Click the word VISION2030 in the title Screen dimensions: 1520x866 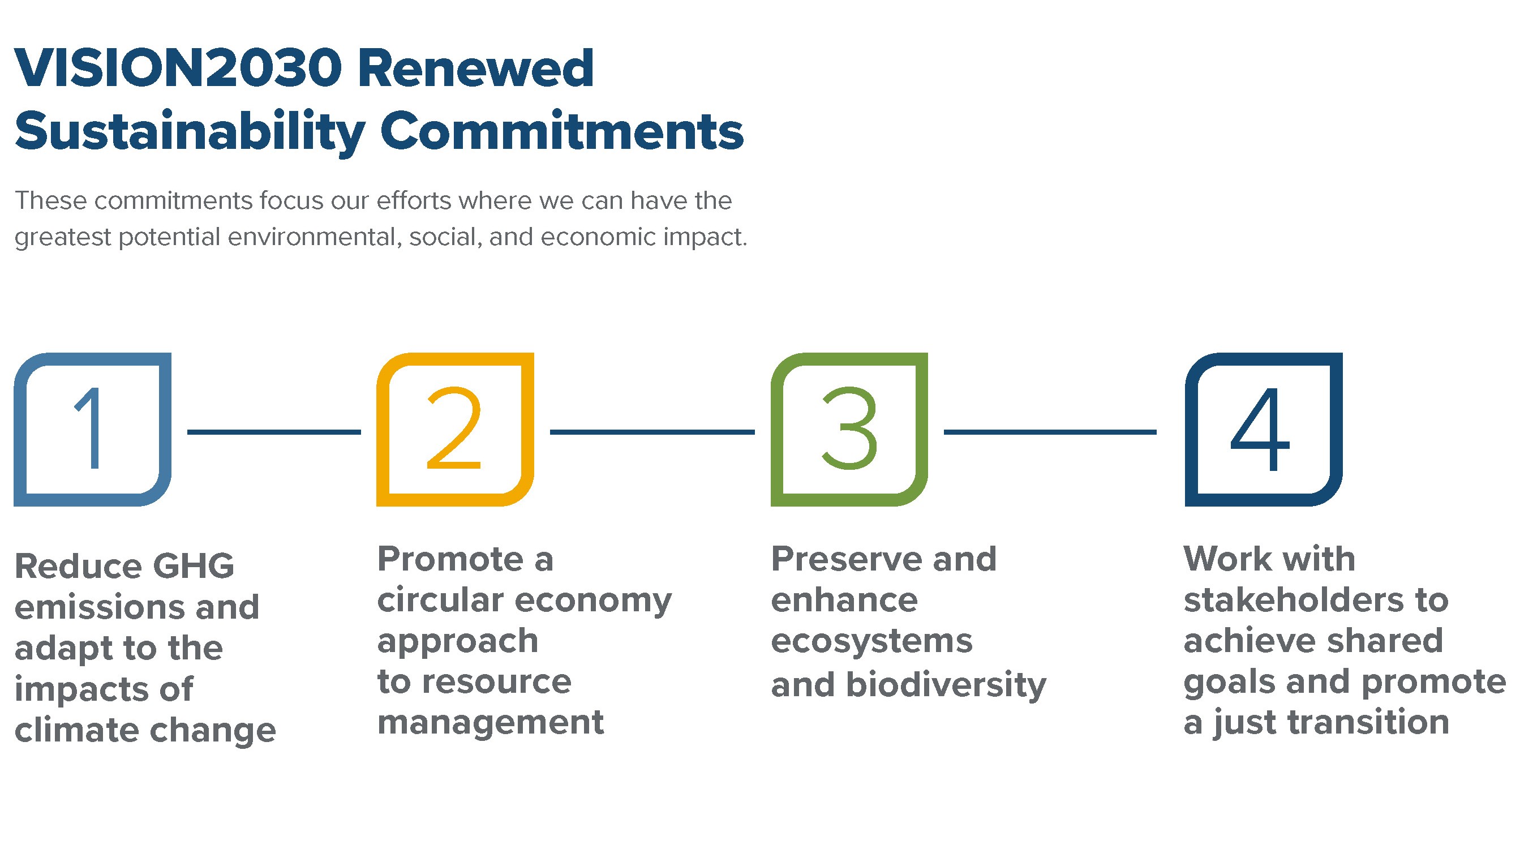pos(179,68)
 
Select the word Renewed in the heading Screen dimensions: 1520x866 pos(476,68)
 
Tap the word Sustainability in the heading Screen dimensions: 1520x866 pos(190,132)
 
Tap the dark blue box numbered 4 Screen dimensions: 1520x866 pos(1192,430)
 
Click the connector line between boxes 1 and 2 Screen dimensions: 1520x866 pos(274,432)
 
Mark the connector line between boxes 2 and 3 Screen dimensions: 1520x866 pos(652,432)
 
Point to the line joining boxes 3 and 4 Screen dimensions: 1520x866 pos(1050,432)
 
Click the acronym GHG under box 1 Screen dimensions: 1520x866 pos(194,565)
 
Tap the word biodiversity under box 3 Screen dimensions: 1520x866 pos(946,685)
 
